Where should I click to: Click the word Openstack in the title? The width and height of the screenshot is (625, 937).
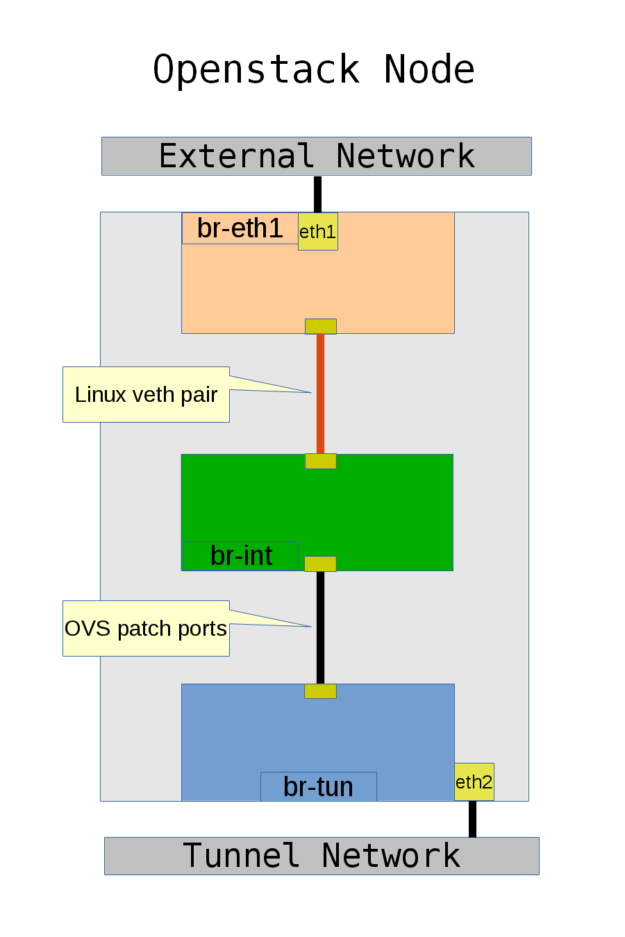point(256,70)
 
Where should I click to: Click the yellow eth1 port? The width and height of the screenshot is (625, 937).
point(317,232)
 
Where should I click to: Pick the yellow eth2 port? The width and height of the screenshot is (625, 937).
point(474,782)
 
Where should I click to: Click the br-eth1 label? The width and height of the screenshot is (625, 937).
point(240,228)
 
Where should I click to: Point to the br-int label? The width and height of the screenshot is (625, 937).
point(241,556)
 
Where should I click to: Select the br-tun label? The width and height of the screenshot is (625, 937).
point(318,787)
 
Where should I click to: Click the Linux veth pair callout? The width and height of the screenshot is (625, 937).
point(146,394)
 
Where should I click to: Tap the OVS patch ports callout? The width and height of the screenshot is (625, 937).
point(146,628)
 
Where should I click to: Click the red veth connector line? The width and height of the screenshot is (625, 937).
point(320,394)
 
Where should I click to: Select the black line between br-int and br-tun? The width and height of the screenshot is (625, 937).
point(320,627)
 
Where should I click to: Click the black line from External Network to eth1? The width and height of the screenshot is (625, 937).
point(317,194)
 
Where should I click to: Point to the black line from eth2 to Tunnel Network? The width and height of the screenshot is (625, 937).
point(472,819)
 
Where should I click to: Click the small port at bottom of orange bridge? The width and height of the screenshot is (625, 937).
point(320,326)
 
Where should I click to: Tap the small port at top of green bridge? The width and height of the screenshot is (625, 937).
point(320,461)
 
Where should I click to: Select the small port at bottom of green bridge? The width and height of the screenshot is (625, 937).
point(320,564)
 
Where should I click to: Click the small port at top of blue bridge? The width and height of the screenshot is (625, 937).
point(320,691)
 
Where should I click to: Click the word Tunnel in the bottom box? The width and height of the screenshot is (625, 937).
point(241,856)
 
